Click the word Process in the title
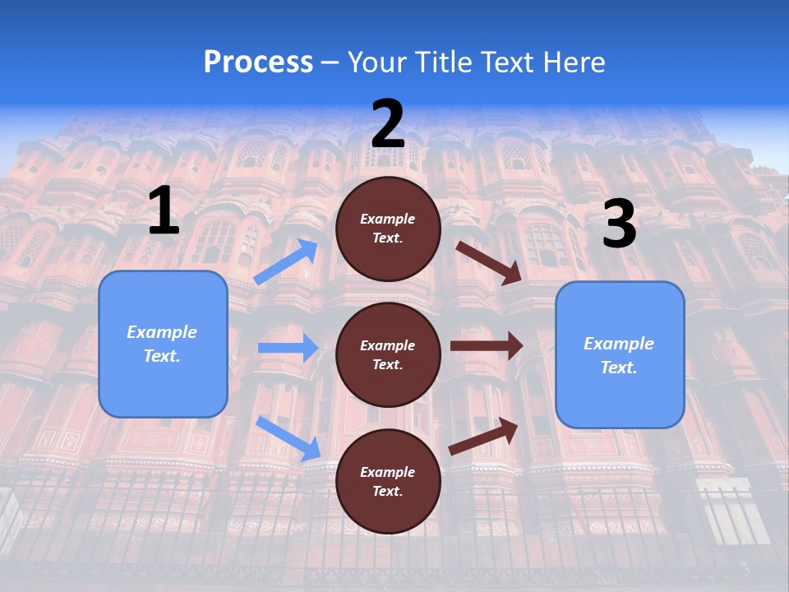coord(258,62)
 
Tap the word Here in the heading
coord(573,62)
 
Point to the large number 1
coord(164,211)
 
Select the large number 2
coord(388,124)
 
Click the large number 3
coord(619,224)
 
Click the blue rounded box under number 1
coord(163,344)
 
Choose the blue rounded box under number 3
coord(620,354)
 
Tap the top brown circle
coord(388,229)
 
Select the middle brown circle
coord(388,354)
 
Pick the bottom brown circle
coord(388,481)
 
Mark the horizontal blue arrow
coord(288,348)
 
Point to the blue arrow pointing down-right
coord(288,438)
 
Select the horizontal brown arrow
coord(487,345)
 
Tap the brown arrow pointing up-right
coord(484,436)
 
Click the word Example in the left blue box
coord(162,332)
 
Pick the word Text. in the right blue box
coord(619,368)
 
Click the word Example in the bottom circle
coord(388,472)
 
